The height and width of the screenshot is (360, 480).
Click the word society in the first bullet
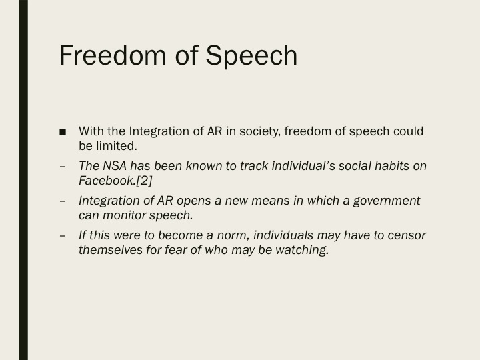click(x=257, y=131)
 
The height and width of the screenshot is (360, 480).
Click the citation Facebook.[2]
click(x=115, y=181)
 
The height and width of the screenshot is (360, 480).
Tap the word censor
click(x=406, y=235)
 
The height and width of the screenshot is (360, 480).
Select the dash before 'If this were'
click(x=62, y=235)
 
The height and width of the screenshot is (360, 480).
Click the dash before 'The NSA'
click(x=62, y=166)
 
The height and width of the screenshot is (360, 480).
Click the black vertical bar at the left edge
click(x=23, y=180)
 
